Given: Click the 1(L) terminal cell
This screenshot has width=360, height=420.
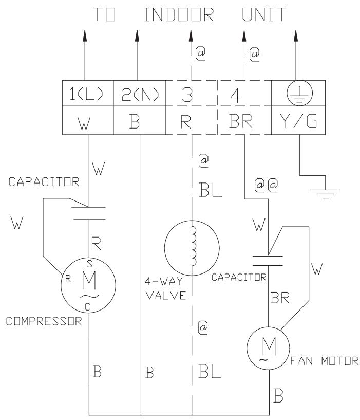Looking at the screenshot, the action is (88, 93).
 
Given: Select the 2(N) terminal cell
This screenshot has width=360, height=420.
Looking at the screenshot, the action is (140, 93).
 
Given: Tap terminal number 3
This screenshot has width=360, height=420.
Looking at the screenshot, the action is (187, 95).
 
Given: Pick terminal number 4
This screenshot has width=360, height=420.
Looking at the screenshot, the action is (235, 95).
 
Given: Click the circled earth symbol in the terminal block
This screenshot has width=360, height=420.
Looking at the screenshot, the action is (299, 93).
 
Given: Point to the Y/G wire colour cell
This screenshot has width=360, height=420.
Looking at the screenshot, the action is (298, 120).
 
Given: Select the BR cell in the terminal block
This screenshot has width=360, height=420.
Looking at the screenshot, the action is (244, 120).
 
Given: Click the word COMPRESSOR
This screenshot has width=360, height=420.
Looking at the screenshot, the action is (44, 321).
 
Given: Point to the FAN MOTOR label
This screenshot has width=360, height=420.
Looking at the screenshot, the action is (325, 361).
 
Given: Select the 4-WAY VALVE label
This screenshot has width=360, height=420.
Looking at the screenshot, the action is (165, 288).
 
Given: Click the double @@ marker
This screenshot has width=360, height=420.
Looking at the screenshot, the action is (266, 186).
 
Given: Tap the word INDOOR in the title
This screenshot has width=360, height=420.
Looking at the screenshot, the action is (179, 15).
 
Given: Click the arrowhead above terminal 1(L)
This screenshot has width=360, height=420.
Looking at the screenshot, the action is (85, 35).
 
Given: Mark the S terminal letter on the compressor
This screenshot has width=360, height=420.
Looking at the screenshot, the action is (90, 264).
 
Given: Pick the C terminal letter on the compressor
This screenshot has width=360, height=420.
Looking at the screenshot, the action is (87, 307).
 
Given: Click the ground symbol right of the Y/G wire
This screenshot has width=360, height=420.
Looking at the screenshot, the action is (325, 194).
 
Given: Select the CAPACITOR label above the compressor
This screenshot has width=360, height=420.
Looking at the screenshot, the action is (44, 182).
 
